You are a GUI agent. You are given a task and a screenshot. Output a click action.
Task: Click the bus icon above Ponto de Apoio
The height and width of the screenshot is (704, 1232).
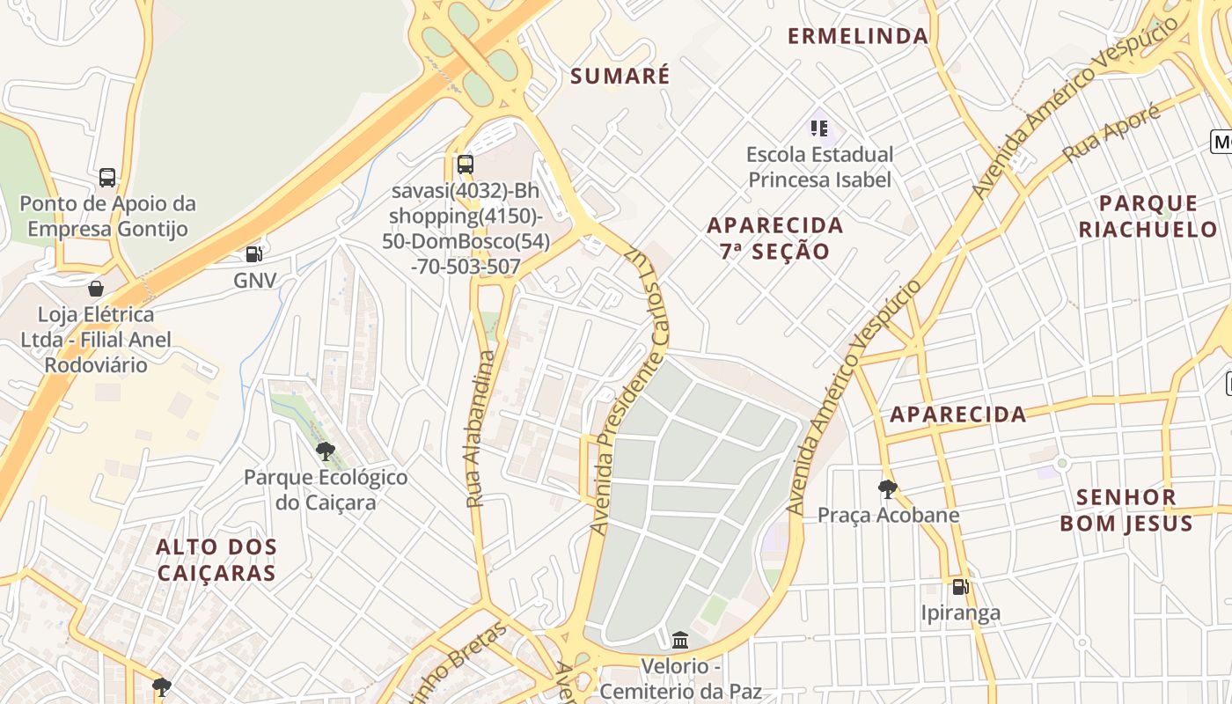click(107, 178)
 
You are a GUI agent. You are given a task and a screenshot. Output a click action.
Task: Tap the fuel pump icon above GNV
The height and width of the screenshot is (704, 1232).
click(254, 254)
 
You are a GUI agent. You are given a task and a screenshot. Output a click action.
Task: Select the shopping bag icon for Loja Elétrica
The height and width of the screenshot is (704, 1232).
click(95, 289)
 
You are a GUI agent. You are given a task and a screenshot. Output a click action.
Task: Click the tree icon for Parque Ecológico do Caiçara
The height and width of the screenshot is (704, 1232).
click(326, 451)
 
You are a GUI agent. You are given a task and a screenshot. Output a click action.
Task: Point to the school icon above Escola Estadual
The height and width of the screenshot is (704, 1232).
click(819, 128)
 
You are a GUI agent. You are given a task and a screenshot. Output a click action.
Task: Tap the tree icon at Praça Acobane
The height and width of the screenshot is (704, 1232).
click(888, 489)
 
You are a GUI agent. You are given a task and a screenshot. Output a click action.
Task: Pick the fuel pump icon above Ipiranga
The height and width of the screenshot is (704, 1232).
click(960, 586)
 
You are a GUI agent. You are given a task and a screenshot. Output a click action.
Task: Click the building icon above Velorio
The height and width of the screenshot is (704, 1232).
click(680, 640)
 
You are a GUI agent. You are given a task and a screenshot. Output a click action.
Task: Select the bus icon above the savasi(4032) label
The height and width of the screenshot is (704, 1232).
click(466, 164)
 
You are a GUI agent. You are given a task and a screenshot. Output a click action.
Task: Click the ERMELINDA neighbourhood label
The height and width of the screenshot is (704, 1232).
click(858, 36)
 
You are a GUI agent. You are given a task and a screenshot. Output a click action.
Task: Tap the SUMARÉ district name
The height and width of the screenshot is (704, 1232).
click(620, 77)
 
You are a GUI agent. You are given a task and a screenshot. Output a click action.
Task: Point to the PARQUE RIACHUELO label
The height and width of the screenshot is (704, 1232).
click(1148, 216)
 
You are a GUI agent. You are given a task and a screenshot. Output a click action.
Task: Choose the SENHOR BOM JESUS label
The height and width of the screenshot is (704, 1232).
click(1126, 510)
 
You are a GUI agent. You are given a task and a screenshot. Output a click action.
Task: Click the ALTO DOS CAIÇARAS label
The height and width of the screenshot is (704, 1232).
click(216, 560)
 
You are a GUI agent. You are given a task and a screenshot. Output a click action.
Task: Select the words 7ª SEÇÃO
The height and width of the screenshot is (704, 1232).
click(774, 252)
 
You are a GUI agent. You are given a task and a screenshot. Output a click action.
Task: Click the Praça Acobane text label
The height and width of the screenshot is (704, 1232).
click(889, 515)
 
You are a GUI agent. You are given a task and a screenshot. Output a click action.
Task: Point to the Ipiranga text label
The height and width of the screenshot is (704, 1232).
click(960, 612)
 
